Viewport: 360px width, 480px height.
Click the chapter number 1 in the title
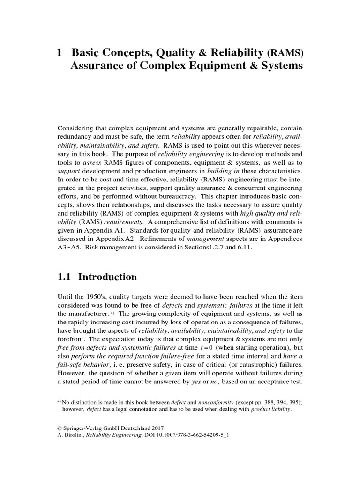(x=59, y=53)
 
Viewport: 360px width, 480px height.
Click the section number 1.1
(x=64, y=277)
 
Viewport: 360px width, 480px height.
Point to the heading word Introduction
(x=107, y=277)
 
